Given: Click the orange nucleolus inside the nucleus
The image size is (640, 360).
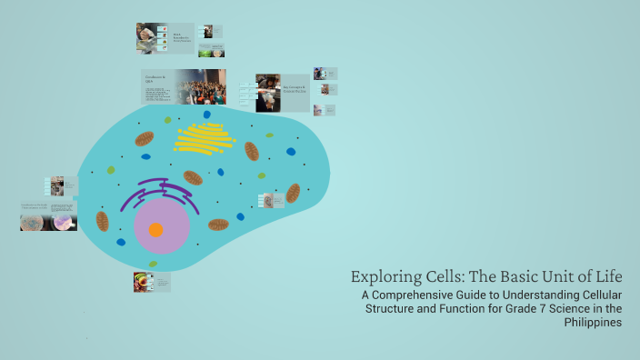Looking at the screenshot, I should pos(155,230).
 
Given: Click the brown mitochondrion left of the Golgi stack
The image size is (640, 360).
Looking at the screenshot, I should pos(145,139).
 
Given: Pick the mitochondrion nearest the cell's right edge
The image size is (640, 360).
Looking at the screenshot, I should pos(293,193).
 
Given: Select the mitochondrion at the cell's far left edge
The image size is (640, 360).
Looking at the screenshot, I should pos(103,221).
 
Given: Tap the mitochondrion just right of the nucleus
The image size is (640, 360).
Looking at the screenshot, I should pos(218,225).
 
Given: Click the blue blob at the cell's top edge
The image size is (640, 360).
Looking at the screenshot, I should pos(206,115).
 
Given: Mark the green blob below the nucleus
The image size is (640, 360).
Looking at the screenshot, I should pos(153,265).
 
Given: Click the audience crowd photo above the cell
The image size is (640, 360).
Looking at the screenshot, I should pos(201,87).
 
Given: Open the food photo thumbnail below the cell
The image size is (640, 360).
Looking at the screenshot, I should pos(140,282).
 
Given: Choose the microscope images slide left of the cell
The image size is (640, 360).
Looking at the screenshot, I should pos(48,216).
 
